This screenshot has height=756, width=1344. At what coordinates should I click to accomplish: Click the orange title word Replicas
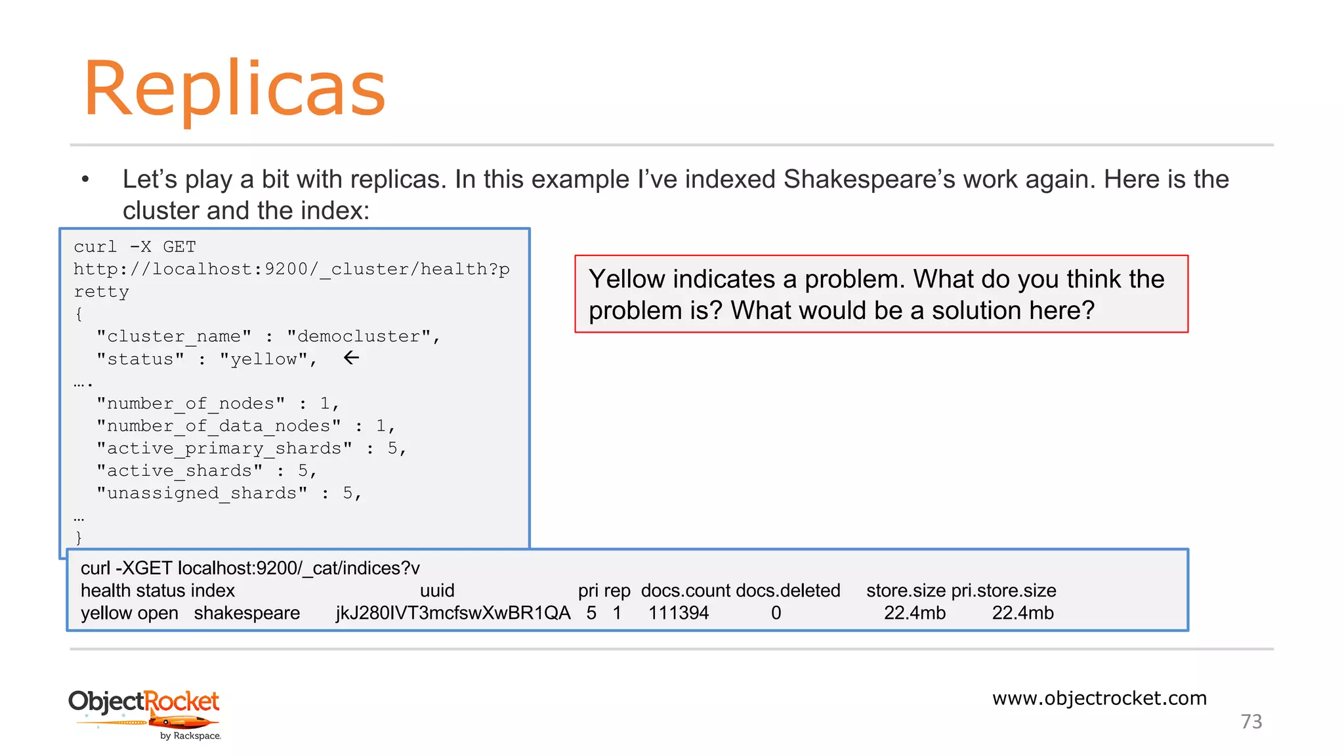point(234,89)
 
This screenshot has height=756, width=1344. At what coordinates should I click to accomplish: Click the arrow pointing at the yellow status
point(352,358)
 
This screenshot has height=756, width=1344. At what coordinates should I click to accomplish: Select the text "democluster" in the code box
point(358,336)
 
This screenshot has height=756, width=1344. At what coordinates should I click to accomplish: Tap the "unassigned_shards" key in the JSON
point(202,493)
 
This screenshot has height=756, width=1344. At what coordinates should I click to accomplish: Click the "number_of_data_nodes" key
point(219,426)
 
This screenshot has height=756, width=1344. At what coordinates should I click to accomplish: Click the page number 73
point(1251,721)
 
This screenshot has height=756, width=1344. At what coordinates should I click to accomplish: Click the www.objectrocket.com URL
point(1099,698)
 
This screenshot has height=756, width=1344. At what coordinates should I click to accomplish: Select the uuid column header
point(437,591)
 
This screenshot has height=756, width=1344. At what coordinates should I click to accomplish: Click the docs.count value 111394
point(678,613)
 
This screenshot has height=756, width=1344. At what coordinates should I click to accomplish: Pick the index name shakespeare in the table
point(247,613)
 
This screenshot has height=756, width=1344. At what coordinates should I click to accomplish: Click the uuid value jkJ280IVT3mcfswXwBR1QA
point(453,613)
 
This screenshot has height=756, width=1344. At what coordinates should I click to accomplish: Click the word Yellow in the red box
point(627,280)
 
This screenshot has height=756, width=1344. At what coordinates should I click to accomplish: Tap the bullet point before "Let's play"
point(85,179)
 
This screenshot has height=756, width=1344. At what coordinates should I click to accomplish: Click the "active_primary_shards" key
point(224,448)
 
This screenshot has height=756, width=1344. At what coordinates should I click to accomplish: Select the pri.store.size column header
point(1003,591)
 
